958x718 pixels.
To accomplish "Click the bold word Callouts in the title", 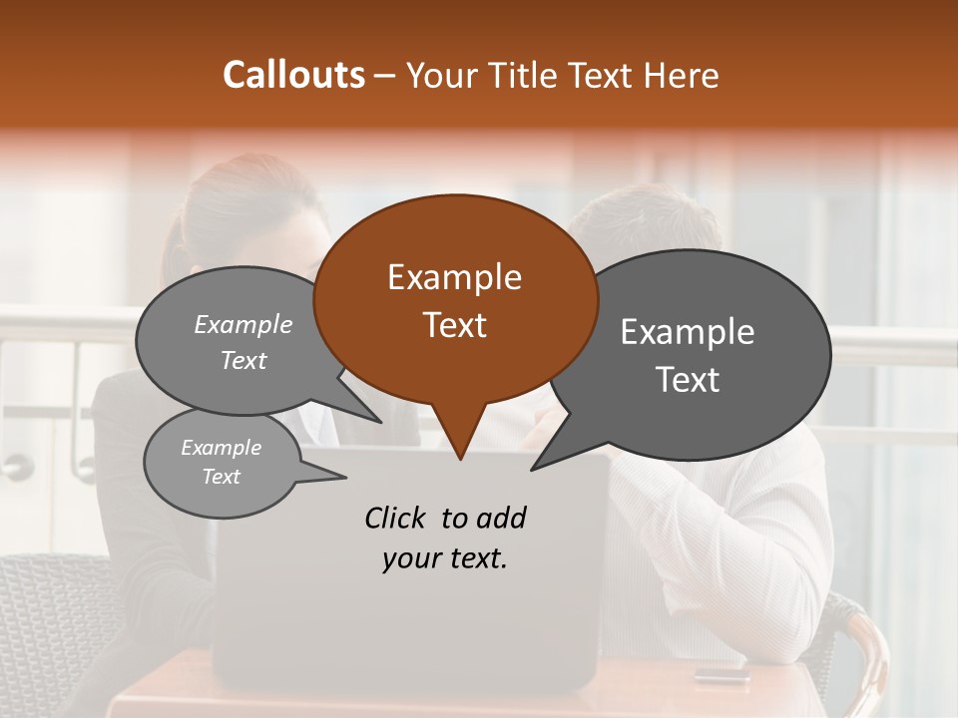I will [x=293, y=75].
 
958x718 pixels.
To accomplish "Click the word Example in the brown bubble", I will [x=454, y=277].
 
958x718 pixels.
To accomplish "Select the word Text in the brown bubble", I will [x=454, y=325].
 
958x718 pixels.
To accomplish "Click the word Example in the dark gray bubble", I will [x=687, y=332].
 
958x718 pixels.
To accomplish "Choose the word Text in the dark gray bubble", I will [x=687, y=380].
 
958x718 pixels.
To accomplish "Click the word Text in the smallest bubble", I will [x=222, y=477].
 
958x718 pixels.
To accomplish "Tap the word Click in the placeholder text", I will [x=397, y=518].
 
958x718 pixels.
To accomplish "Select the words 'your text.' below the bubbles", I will [x=444, y=558].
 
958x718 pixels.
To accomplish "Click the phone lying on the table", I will [x=720, y=674].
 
